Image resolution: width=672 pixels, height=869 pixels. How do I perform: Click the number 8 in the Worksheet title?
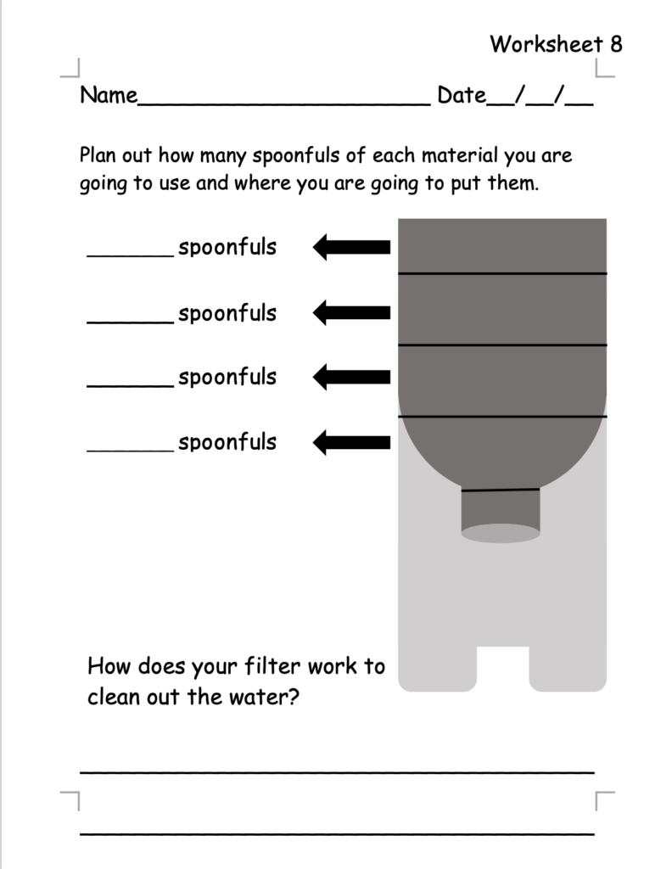coord(614,44)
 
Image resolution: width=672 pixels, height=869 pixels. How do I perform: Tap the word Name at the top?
coord(109,95)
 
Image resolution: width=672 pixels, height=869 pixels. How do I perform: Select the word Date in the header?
coord(461,95)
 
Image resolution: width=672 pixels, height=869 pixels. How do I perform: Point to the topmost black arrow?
coord(351,248)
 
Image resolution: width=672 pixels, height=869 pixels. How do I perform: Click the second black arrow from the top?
coord(351,313)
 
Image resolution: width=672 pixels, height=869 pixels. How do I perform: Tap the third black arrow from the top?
coord(351,377)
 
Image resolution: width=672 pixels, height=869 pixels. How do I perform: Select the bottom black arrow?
coord(351,442)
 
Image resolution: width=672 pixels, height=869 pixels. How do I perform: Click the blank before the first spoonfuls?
coord(130,253)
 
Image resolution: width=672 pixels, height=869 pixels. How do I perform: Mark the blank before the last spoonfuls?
coord(130,447)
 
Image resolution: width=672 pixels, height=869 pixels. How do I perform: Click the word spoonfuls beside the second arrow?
coord(227,313)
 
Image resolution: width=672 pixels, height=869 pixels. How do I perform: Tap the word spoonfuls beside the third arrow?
coord(227,377)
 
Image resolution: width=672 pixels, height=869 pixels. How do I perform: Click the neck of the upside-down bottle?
coord(501,512)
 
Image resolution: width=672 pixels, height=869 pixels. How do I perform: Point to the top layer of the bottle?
coord(502,246)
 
